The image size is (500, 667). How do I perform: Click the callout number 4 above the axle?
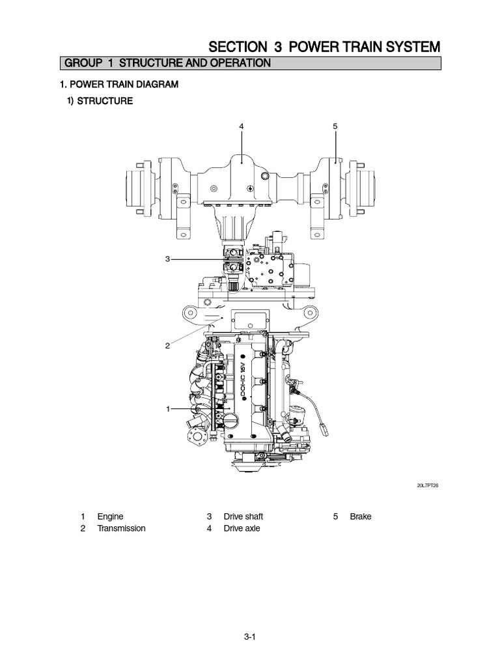(x=242, y=125)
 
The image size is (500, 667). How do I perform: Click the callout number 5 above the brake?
(x=335, y=125)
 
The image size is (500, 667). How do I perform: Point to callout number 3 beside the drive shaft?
(x=167, y=259)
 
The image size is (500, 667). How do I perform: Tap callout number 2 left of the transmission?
(x=167, y=345)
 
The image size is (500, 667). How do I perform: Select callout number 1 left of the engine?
(x=168, y=408)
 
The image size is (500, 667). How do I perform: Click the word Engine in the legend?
(x=110, y=517)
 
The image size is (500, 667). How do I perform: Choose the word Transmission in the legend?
(x=121, y=528)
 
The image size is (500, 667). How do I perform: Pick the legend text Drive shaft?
(x=243, y=517)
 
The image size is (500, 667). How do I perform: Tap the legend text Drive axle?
(x=242, y=528)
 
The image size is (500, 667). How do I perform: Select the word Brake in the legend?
(x=361, y=517)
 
